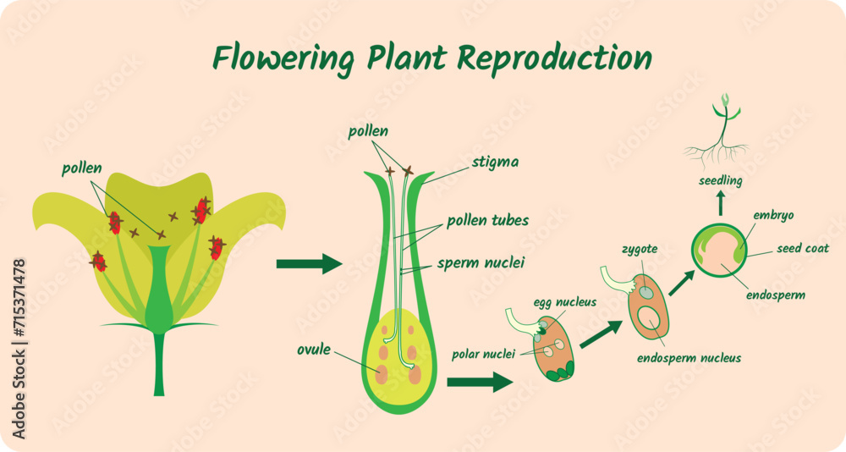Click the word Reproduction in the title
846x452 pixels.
coord(555,58)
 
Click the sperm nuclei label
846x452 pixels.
coord(481,263)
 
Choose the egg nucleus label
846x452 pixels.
coord(564,302)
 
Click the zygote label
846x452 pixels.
coord(640,250)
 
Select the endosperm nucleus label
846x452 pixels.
coord(689,358)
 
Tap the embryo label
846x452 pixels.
coord(773,215)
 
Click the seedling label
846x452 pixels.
coord(721,180)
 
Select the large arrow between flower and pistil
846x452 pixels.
coord(309,264)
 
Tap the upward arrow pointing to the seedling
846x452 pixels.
coord(721,202)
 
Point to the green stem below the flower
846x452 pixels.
coord(158,364)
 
